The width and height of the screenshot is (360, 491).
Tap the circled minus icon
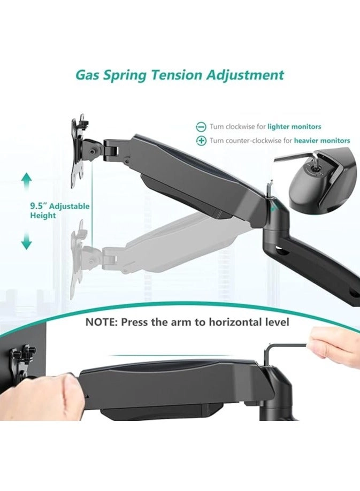pyautogui.click(x=201, y=127)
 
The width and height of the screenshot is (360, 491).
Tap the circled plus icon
pyautogui.click(x=201, y=141)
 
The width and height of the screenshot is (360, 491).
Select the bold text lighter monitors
pyautogui.click(x=294, y=127)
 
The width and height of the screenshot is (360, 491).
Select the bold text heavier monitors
pyautogui.click(x=322, y=141)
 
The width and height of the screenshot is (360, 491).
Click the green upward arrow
pyautogui.click(x=27, y=182)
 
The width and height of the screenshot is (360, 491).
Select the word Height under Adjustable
pyautogui.click(x=43, y=216)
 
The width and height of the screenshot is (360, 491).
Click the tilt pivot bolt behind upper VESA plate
pyautogui.click(x=93, y=151)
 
